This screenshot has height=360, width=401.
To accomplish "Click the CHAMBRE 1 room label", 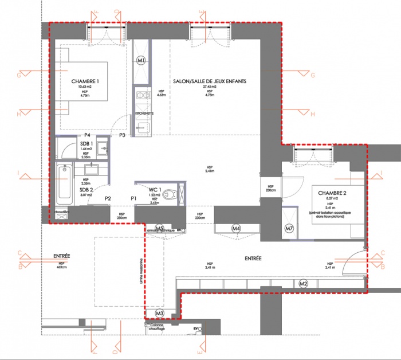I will [x=85, y=82].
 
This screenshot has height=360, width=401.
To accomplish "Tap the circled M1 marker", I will [x=142, y=60].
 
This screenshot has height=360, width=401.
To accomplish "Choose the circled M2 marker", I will [x=304, y=283].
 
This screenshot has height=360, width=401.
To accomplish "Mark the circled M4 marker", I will [x=236, y=229].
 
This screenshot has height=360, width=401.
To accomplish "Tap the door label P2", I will [x=107, y=198].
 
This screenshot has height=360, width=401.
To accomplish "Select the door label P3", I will [x=122, y=135].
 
